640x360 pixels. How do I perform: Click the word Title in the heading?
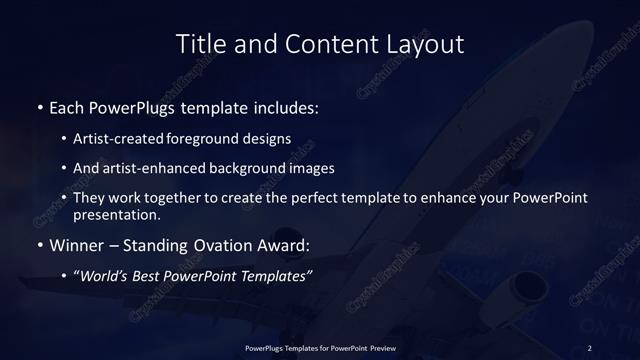[199, 44]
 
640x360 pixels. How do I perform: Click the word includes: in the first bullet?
[286, 106]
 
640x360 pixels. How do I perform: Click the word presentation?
[115, 215]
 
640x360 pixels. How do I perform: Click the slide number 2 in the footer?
[590, 347]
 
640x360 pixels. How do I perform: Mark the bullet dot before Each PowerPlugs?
[39, 106]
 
